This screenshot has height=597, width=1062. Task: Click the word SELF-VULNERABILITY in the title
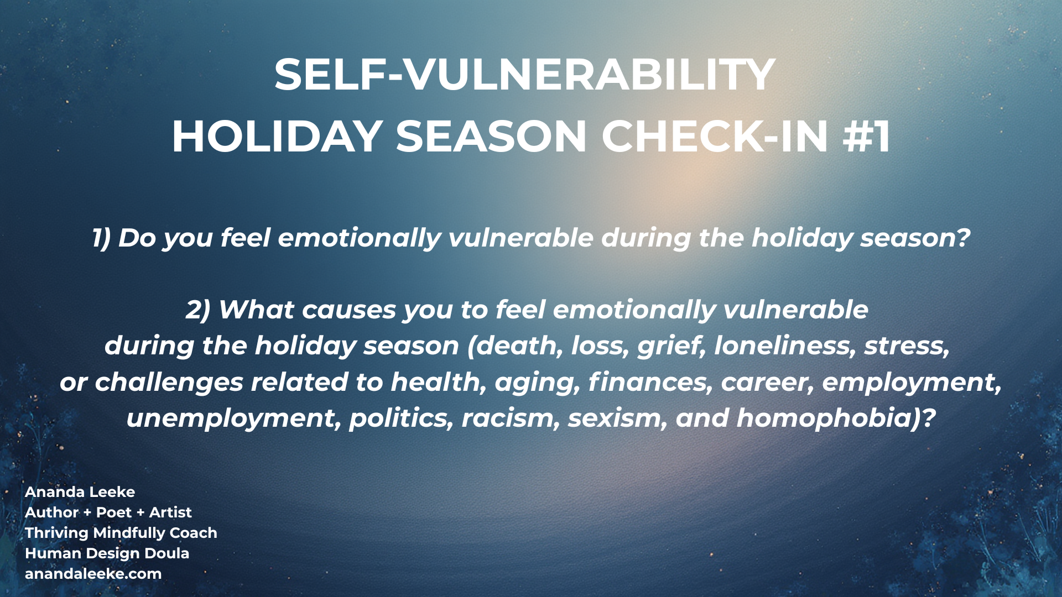point(525,75)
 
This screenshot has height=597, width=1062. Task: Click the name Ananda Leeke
point(80,492)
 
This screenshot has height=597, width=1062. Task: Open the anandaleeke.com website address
point(93,574)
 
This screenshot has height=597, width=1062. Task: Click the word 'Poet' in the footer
point(113,512)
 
